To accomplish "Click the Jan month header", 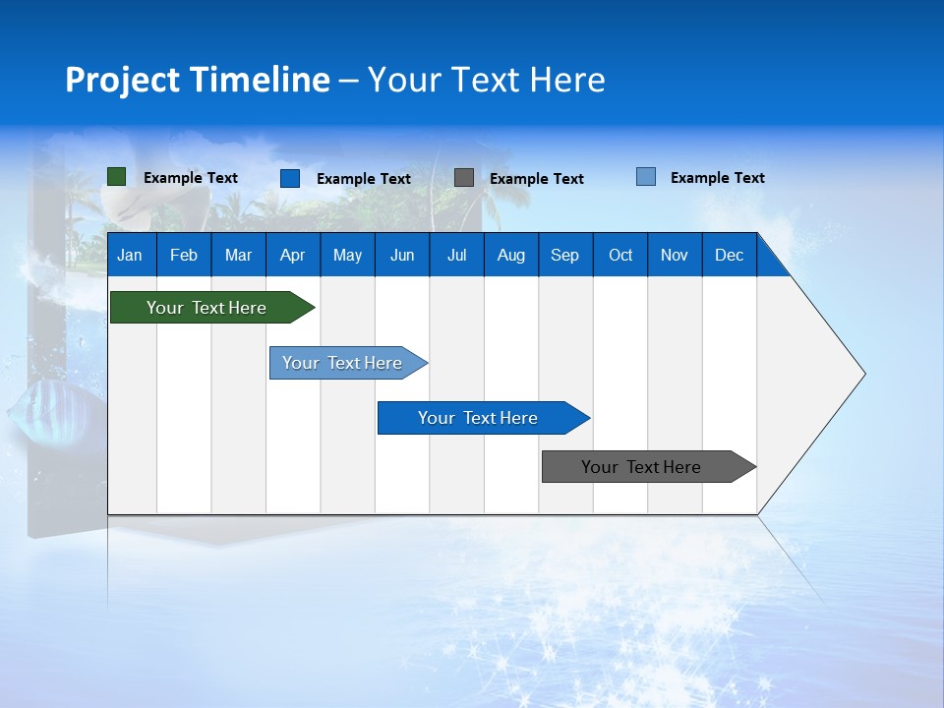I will [x=130, y=255].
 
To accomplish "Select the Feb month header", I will [x=184, y=255].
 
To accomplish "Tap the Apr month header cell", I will [x=293, y=255].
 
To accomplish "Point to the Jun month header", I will [x=402, y=255].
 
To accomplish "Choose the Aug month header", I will [x=511, y=255].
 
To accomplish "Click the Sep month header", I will [x=565, y=255].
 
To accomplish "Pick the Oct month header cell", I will [x=620, y=255].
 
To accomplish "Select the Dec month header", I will [x=730, y=255].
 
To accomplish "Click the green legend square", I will [x=117, y=177].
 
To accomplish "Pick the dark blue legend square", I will [x=290, y=178].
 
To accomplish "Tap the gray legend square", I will [x=464, y=178].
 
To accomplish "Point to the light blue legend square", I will [x=646, y=177].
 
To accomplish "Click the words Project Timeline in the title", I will [x=198, y=80].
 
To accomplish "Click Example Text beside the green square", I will [x=191, y=178].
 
